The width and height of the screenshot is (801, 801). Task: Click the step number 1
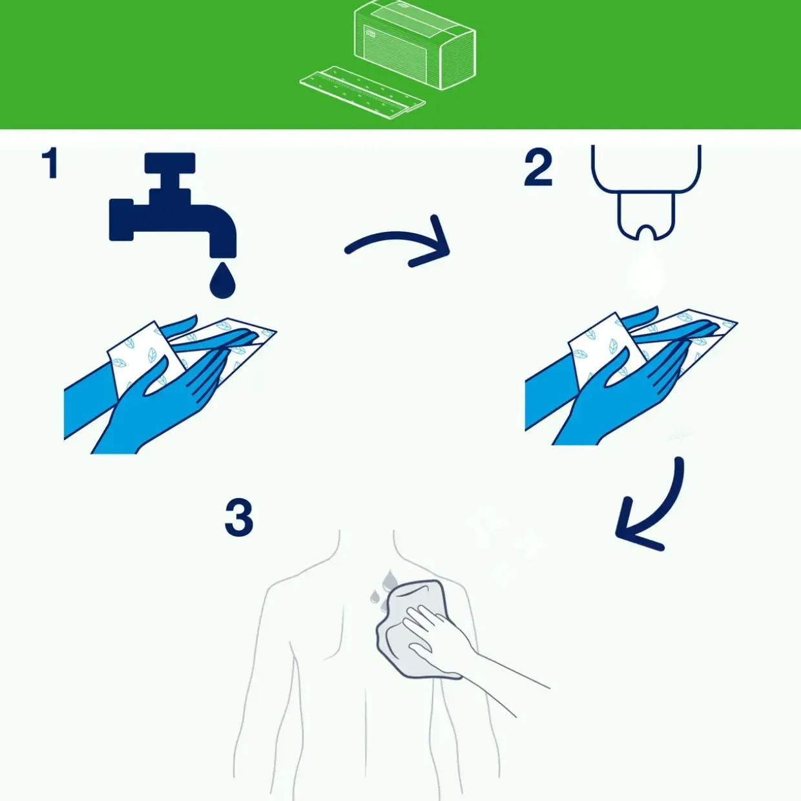coord(50,164)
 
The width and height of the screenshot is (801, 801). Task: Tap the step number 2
coord(538,167)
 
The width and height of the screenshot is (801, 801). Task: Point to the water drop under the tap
coord(223,280)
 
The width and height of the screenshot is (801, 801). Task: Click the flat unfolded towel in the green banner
coord(362,91)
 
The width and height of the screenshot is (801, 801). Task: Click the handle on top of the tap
coord(170,162)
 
